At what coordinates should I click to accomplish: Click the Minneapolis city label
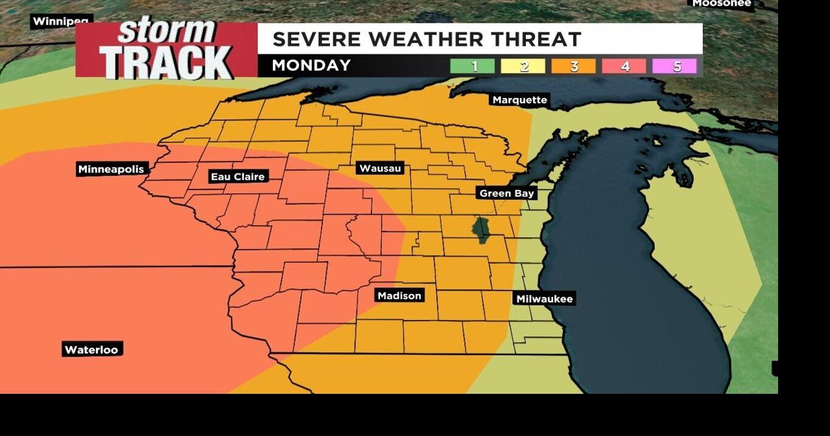111,169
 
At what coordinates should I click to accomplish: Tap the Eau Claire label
239,176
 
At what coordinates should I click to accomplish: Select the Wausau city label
381,169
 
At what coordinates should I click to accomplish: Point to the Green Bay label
506,193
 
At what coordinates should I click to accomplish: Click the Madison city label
399,296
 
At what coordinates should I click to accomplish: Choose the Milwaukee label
544,299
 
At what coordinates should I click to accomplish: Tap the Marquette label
519,100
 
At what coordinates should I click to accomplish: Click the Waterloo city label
91,350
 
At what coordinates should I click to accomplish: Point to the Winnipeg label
62,21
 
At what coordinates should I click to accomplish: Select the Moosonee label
721,4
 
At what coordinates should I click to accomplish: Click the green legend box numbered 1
473,66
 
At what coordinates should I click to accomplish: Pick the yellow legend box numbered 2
523,66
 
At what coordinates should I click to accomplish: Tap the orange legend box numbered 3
573,66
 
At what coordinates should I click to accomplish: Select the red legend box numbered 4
624,66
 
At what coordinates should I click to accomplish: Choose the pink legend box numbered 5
674,66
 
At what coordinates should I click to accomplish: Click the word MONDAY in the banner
311,66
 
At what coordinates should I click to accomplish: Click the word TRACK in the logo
166,62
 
